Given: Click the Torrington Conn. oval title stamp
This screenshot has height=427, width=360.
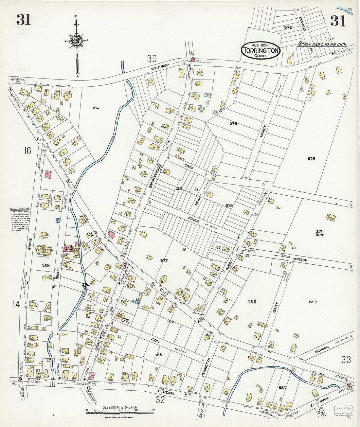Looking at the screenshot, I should (x=261, y=50).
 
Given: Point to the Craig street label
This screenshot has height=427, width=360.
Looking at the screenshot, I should (x=189, y=167).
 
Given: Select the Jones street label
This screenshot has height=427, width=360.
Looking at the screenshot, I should (x=193, y=221).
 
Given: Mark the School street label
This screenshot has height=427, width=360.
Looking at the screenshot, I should (x=321, y=351).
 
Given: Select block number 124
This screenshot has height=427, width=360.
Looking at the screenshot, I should (x=96, y=108).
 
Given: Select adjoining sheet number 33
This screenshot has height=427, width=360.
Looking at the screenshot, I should (x=346, y=360).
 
